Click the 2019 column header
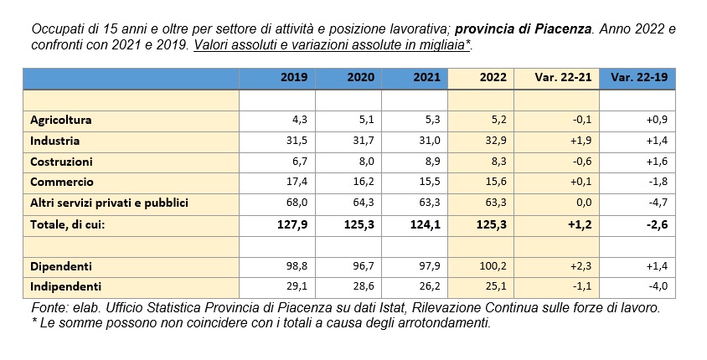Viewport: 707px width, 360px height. [294, 77]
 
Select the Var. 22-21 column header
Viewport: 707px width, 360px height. [563, 77]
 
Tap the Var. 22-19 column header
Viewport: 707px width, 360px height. [639, 77]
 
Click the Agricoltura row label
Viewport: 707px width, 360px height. [61, 120]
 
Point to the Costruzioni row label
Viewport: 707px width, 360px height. [61, 162]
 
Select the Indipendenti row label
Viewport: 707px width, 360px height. [66, 286]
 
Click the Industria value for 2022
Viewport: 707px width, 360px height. [496, 141]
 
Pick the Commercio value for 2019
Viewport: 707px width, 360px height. [297, 182]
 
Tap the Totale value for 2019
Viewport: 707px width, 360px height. [292, 224]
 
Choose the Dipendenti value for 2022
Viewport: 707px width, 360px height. [493, 266]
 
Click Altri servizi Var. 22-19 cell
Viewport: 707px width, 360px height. [658, 203]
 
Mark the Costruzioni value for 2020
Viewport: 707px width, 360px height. [367, 162]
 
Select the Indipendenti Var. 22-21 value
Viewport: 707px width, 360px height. [581, 286]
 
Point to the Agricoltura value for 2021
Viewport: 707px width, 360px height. [433, 120]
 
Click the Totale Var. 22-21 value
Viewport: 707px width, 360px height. [581, 224]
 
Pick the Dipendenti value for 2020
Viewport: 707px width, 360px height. [364, 266]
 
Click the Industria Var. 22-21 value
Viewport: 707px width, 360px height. [581, 141]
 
